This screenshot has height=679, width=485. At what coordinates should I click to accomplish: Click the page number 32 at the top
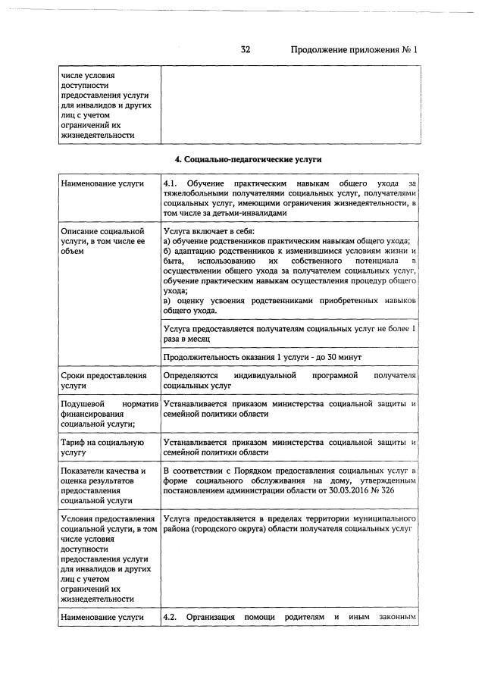[246, 49]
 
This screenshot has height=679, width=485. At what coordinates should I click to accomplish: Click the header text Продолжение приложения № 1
[354, 49]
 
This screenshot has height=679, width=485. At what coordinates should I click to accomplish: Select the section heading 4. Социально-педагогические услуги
[249, 160]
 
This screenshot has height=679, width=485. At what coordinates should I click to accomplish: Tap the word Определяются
[190, 376]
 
